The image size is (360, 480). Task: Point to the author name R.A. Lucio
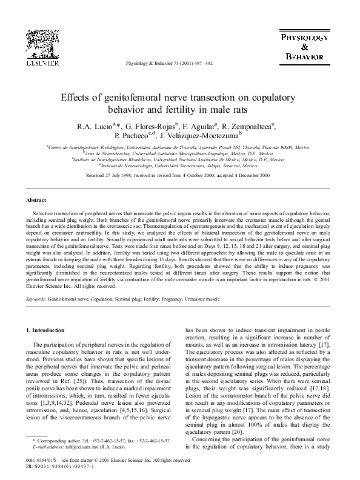point(92,127)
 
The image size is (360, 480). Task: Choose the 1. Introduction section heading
point(50,330)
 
